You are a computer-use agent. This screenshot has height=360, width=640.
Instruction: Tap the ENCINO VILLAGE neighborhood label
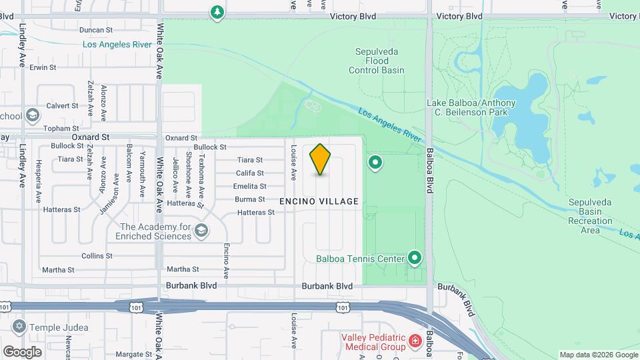(319, 201)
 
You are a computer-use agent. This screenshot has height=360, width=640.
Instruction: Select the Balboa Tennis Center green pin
(415, 257)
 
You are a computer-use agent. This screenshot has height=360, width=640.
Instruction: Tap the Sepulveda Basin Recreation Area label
(585, 216)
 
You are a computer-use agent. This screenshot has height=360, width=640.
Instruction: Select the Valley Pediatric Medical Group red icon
(415, 341)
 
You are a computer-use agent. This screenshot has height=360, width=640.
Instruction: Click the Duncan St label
(96, 30)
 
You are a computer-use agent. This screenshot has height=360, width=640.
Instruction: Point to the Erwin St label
(42, 68)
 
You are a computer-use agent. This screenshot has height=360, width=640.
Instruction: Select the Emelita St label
(250, 187)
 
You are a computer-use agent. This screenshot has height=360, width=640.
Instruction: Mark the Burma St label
(250, 199)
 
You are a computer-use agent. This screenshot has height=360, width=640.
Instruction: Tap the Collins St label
(97, 256)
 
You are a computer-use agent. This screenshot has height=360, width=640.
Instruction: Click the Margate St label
(129, 355)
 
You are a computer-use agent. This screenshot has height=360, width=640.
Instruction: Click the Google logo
(22, 352)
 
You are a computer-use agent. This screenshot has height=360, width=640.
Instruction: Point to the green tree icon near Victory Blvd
(217, 12)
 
